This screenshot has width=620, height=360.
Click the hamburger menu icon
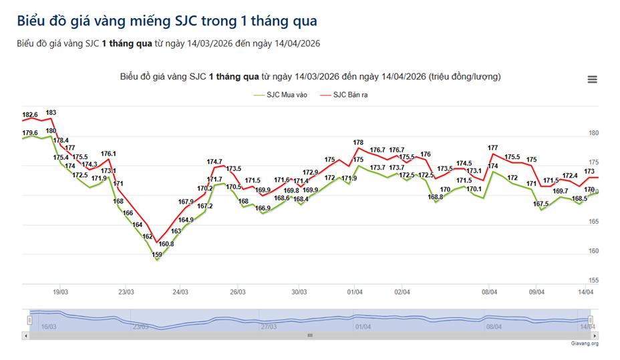click(x=592, y=79)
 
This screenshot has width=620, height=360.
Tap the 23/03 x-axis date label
click(x=126, y=292)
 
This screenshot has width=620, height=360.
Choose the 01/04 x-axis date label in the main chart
click(x=355, y=292)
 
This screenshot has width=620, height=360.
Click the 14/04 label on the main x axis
click(x=586, y=292)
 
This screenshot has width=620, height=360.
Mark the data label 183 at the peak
click(x=51, y=113)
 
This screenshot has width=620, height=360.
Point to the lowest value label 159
click(x=157, y=254)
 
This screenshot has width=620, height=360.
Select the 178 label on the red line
click(x=358, y=142)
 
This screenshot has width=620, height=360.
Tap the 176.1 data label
click(x=109, y=154)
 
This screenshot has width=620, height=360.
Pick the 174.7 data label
click(x=214, y=162)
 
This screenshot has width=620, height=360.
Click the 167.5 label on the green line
click(x=541, y=204)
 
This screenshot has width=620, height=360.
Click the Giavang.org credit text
click(x=585, y=344)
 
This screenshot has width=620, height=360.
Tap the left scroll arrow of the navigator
click(x=26, y=336)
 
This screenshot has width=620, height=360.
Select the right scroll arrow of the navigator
click(x=591, y=336)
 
